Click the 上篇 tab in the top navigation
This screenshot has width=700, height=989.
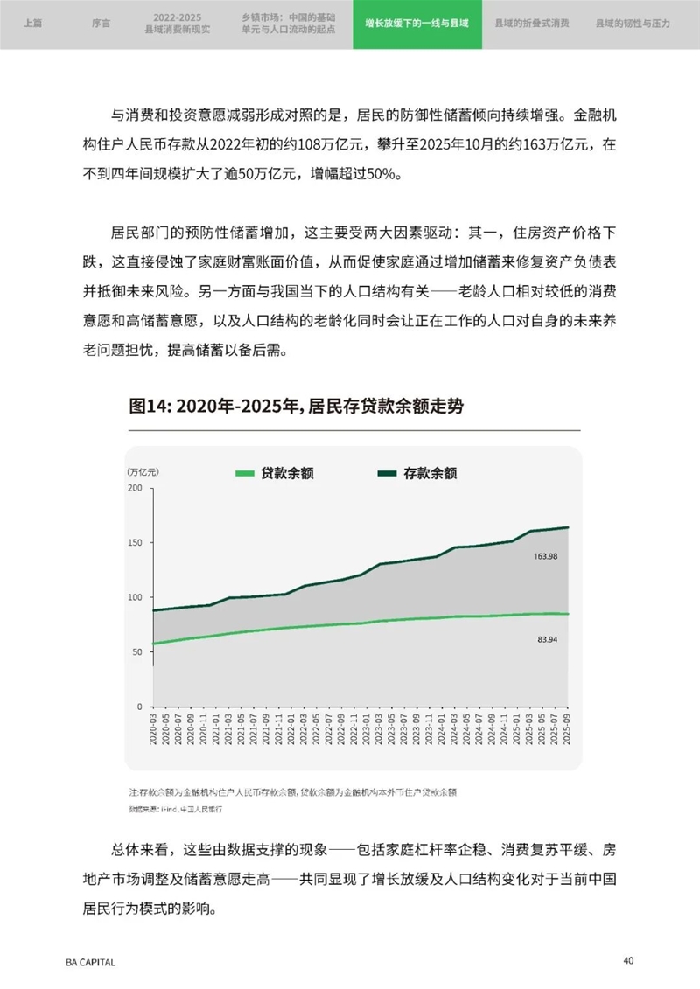point(31,24)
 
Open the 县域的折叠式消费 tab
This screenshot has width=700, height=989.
point(531,24)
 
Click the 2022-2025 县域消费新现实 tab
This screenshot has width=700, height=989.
point(178,24)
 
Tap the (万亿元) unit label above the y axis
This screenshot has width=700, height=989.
point(142,471)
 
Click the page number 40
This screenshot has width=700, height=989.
point(628,960)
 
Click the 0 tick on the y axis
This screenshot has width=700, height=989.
point(139,707)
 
